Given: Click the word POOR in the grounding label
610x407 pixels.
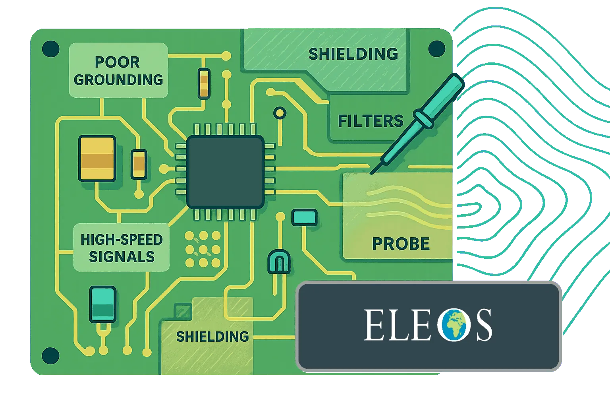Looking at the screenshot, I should pos(117,62).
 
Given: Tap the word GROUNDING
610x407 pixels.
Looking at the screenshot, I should pos(118,80).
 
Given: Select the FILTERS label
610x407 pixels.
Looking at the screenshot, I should pos(371,121).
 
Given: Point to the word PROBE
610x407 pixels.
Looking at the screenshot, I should pos(401,244).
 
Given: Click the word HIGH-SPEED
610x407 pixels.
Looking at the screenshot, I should pos(122,240).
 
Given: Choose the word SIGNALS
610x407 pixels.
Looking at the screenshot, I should pos(122,257).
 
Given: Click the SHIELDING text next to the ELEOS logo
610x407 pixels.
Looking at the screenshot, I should pos(212,337).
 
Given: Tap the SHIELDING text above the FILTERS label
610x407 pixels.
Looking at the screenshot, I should pos(353,54).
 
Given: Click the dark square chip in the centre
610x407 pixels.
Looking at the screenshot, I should pos(225,172).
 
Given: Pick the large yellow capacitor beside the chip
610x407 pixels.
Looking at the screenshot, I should pos(97,158).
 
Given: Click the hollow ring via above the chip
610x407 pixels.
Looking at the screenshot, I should pos(280,113).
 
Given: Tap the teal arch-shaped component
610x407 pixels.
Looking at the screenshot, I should pos(279,262).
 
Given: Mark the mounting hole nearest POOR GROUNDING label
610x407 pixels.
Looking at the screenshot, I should pos(50,49).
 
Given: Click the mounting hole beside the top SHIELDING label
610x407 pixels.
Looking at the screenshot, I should pos(436,49).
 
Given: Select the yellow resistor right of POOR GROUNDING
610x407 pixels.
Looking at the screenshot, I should pos(204,83).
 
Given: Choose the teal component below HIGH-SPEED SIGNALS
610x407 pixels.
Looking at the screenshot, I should pos(103,304).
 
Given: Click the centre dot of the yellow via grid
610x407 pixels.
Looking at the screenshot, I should pos(203,250).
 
